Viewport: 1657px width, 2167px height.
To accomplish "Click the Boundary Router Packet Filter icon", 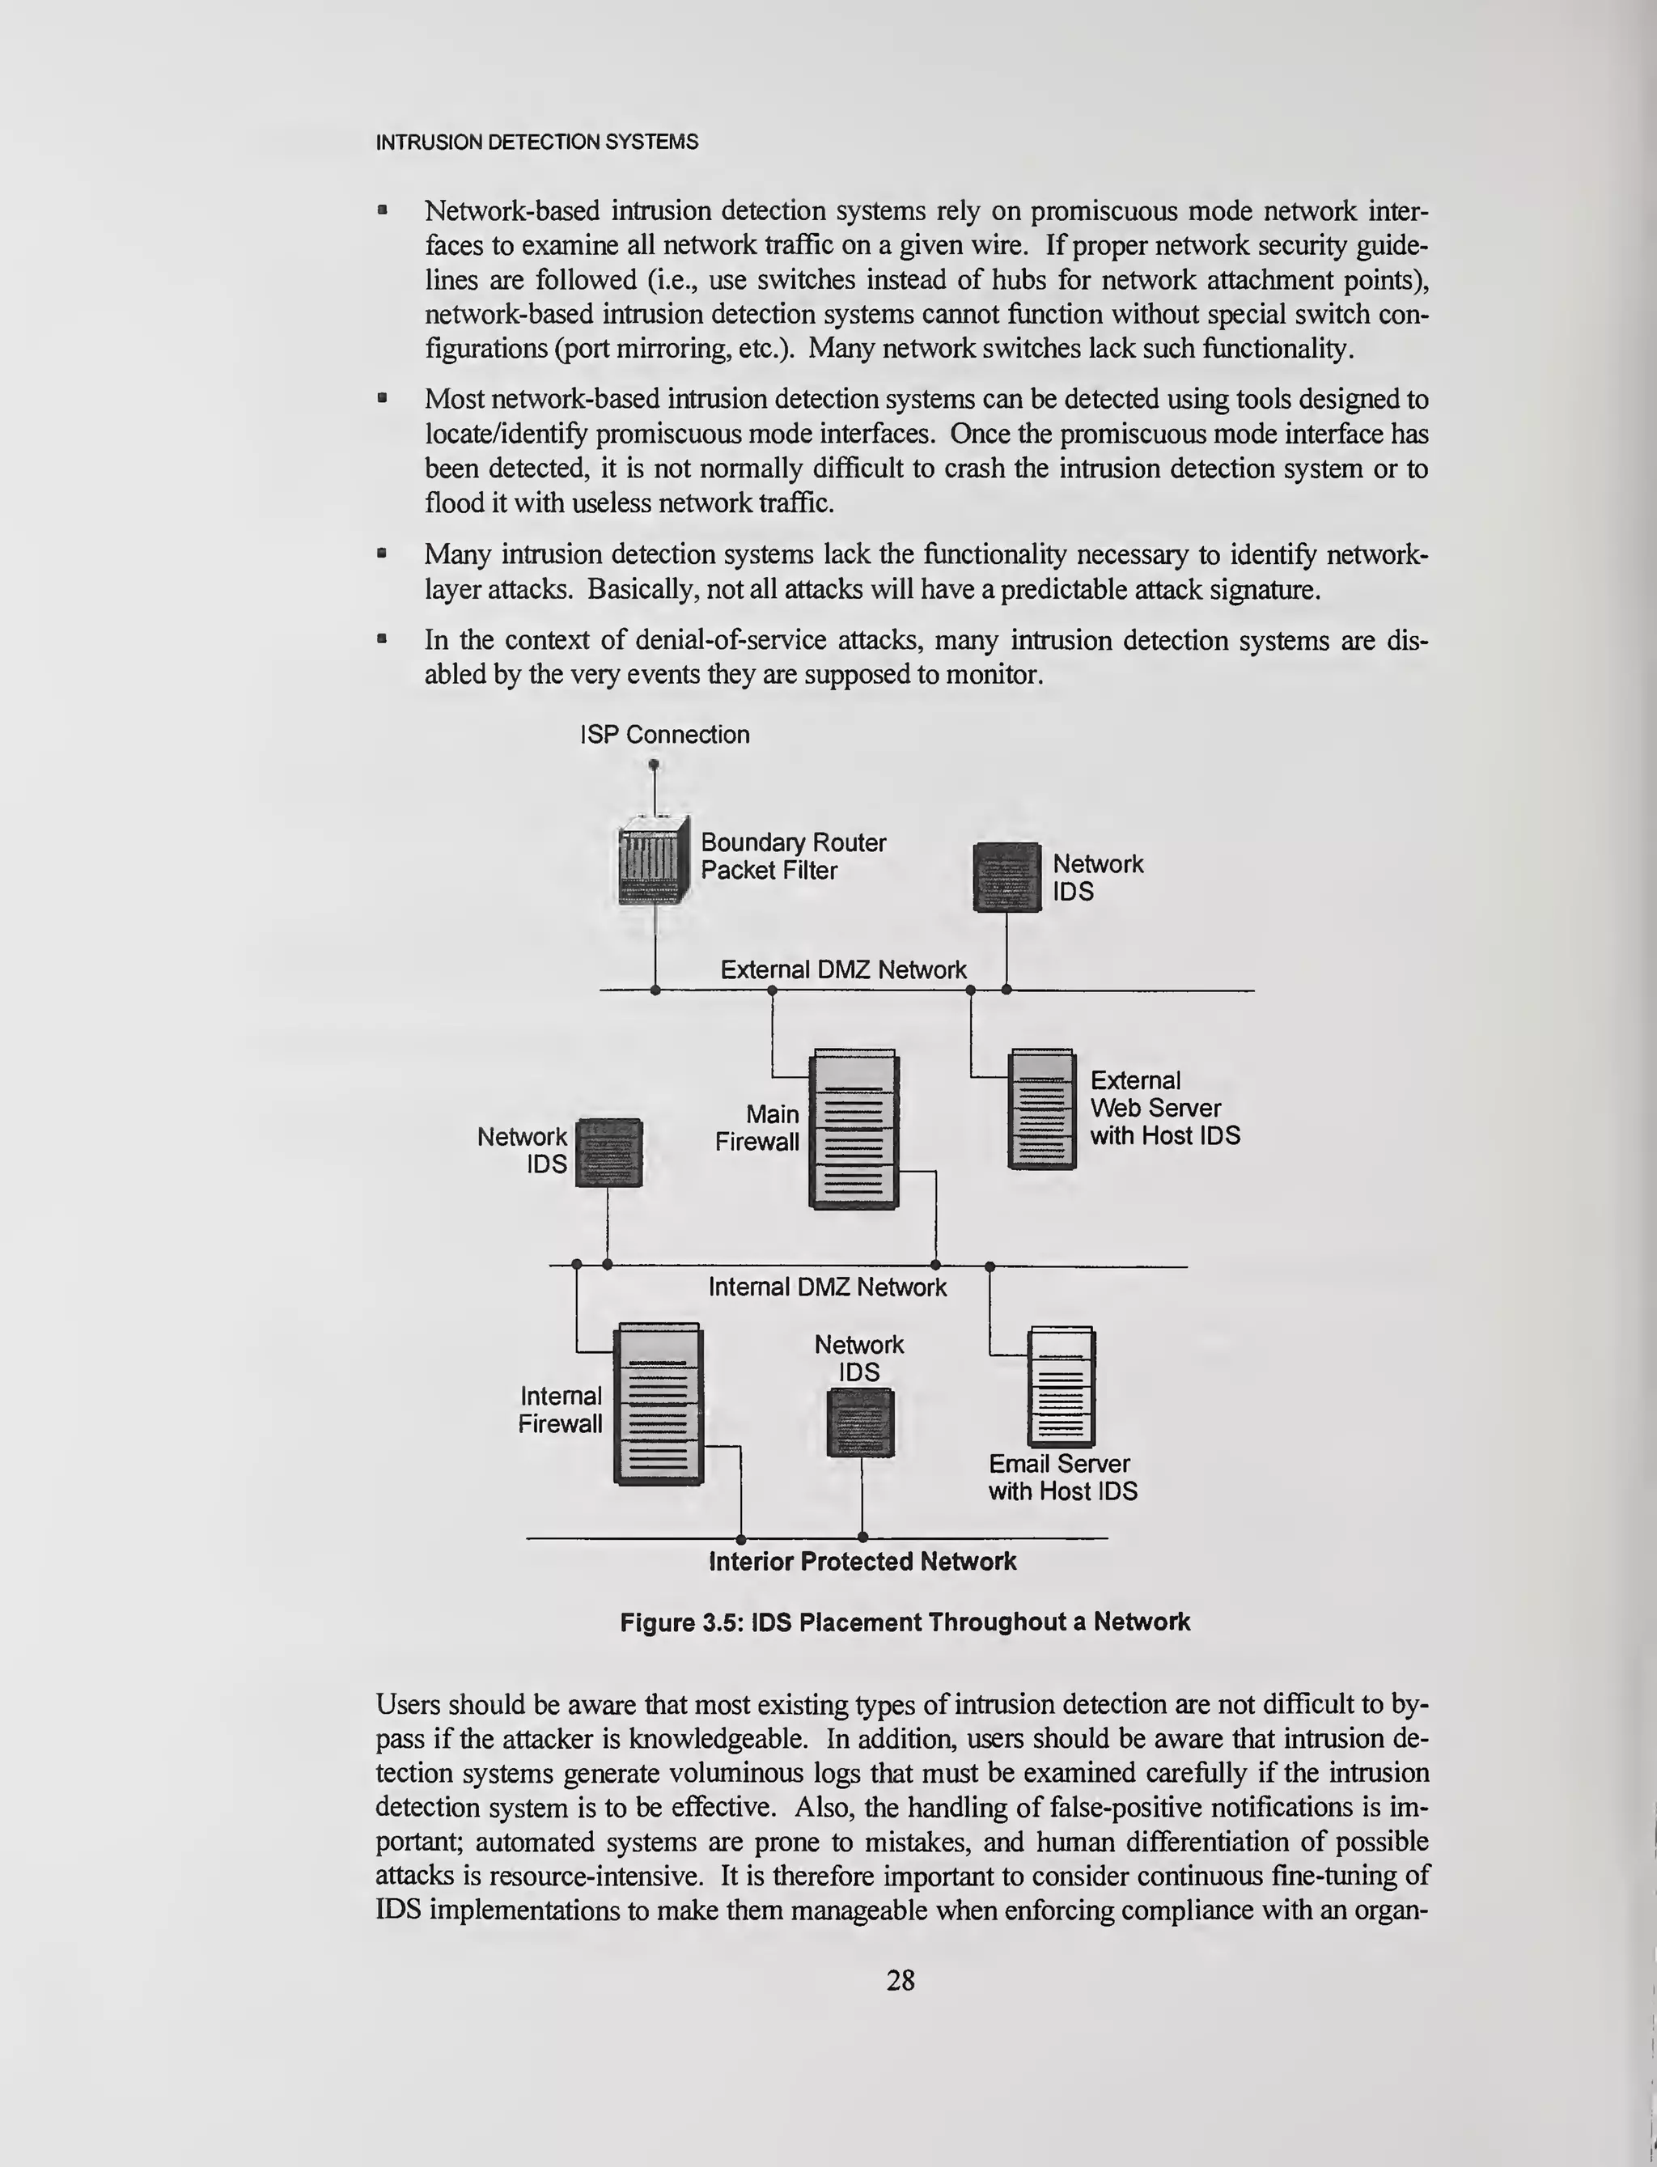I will coord(653,860).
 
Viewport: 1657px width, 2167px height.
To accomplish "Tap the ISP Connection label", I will coord(665,735).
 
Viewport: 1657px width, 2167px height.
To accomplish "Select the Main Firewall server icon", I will coord(853,1130).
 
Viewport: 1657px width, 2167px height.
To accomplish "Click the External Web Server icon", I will coord(1041,1109).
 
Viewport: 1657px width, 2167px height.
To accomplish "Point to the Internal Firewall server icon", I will coord(658,1404).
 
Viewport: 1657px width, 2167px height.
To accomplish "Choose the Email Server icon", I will coord(1062,1387).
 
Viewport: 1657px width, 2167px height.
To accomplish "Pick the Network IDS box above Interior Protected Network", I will coord(860,1423).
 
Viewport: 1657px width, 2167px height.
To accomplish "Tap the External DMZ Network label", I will coord(843,970).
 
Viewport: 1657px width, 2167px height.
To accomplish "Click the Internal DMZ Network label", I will coord(828,1287).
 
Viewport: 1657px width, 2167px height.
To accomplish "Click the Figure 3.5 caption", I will coord(905,1622).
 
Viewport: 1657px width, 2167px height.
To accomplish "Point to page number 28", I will coord(901,1979).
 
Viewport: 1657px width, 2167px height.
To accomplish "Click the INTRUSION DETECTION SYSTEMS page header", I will coord(536,142).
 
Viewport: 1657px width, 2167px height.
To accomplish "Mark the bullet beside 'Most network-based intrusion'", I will coord(383,400).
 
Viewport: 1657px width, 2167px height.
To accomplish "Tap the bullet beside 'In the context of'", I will coord(383,640).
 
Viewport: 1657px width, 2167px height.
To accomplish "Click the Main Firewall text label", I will coord(757,1128).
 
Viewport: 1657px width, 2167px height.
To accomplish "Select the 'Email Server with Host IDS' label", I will coord(1062,1478).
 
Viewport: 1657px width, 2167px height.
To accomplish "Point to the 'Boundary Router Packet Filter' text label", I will coord(793,856).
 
